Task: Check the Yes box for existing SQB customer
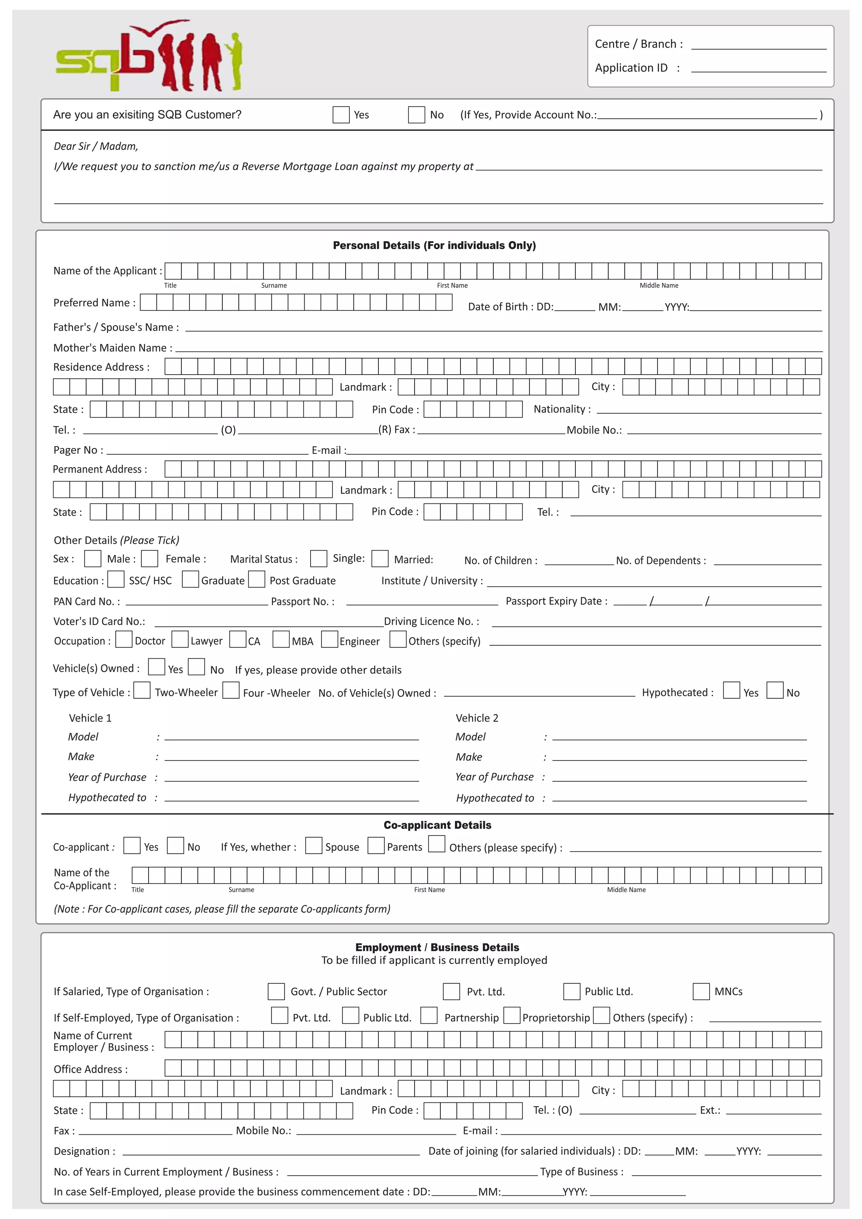341,114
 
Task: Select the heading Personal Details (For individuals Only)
434,245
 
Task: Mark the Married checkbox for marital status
380,559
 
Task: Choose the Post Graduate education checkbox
257,579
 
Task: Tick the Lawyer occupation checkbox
180,640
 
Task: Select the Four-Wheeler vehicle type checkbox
231,691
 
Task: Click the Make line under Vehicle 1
291,757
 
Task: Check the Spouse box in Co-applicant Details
314,846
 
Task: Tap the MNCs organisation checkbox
701,991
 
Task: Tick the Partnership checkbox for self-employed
429,1016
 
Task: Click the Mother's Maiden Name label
112,348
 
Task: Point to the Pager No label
78,450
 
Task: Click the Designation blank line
271,1152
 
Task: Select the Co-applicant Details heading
437,825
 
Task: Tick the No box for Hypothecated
775,691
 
